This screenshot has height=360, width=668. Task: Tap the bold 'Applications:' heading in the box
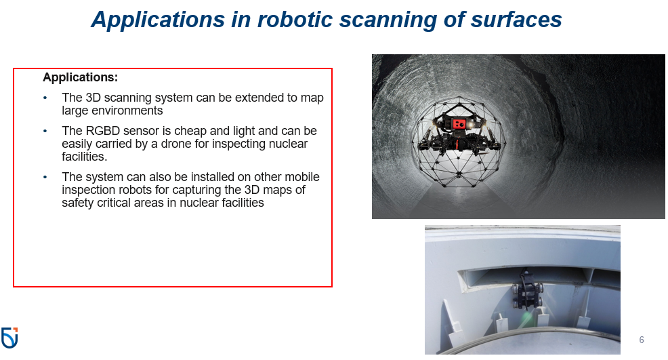click(80, 77)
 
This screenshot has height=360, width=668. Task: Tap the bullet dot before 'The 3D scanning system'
click(45, 98)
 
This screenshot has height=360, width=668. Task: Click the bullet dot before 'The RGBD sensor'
click(45, 131)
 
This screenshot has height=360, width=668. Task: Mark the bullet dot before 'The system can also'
click(45, 178)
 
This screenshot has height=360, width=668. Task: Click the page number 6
click(642, 340)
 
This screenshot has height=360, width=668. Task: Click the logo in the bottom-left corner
click(9, 337)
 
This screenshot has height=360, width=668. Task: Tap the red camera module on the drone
click(460, 124)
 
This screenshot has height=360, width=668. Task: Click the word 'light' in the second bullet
click(248, 131)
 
